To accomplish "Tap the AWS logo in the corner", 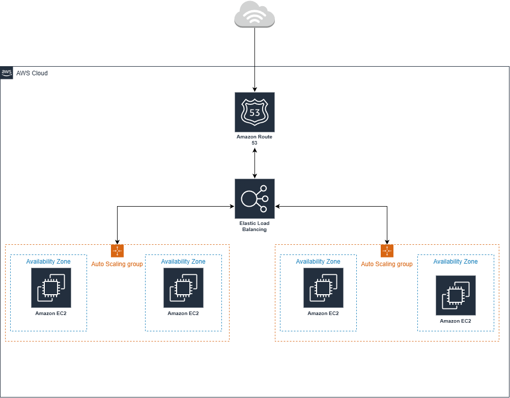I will pyautogui.click(x=7, y=73).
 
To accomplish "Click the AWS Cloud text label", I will pyautogui.click(x=32, y=73).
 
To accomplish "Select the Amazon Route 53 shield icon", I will pyautogui.click(x=254, y=112).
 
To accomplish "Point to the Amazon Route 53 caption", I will pyautogui.click(x=254, y=139).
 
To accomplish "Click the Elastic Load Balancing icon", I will pyautogui.click(x=254, y=198).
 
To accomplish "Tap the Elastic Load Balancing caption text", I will pyautogui.click(x=254, y=226).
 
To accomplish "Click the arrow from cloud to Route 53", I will pyautogui.click(x=254, y=61).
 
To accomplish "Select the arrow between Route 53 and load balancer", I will pyautogui.click(x=254, y=163).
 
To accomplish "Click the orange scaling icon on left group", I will pyautogui.click(x=117, y=251).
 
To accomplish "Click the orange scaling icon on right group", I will pyautogui.click(x=387, y=251).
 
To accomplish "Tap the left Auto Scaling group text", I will pyautogui.click(x=117, y=264).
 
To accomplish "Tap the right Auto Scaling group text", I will pyautogui.click(x=387, y=264).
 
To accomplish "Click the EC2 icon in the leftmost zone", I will pyautogui.click(x=51, y=288).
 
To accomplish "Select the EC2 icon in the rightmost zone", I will pyautogui.click(x=456, y=295).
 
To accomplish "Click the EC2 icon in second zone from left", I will pyautogui.click(x=183, y=288).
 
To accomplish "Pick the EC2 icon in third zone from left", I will pyautogui.click(x=323, y=288).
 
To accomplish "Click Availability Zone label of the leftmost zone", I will pyautogui.click(x=48, y=262).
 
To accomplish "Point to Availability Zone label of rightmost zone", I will pyautogui.click(x=456, y=262).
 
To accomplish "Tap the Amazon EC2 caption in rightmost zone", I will pyautogui.click(x=456, y=321).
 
